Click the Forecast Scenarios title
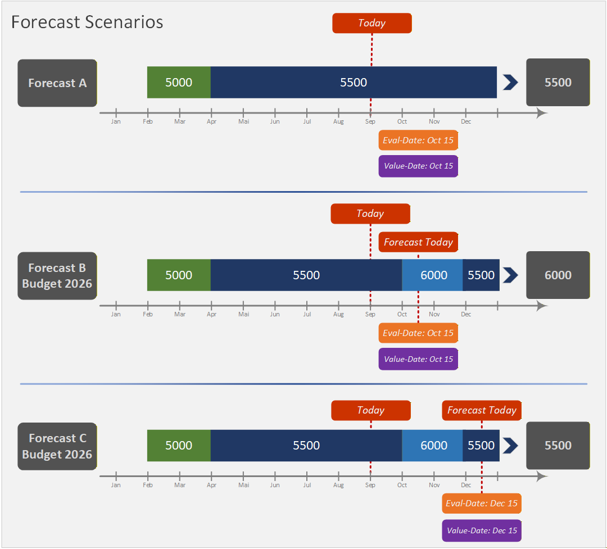87,22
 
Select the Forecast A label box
57,83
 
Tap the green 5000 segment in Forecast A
179,83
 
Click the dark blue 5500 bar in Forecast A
354,83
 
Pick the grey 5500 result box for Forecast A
558,83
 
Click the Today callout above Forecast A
372,23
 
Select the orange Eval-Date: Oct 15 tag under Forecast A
418,140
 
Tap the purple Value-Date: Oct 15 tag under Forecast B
418,359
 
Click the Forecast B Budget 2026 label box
57,275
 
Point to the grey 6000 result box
558,275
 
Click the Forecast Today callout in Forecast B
418,242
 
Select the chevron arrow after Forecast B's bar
510,275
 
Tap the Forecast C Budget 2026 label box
57,446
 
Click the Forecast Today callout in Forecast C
482,410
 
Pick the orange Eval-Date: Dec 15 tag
482,503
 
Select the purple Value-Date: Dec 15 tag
482,530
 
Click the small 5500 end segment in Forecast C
481,446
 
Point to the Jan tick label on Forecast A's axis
116,121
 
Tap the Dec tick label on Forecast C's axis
466,485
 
